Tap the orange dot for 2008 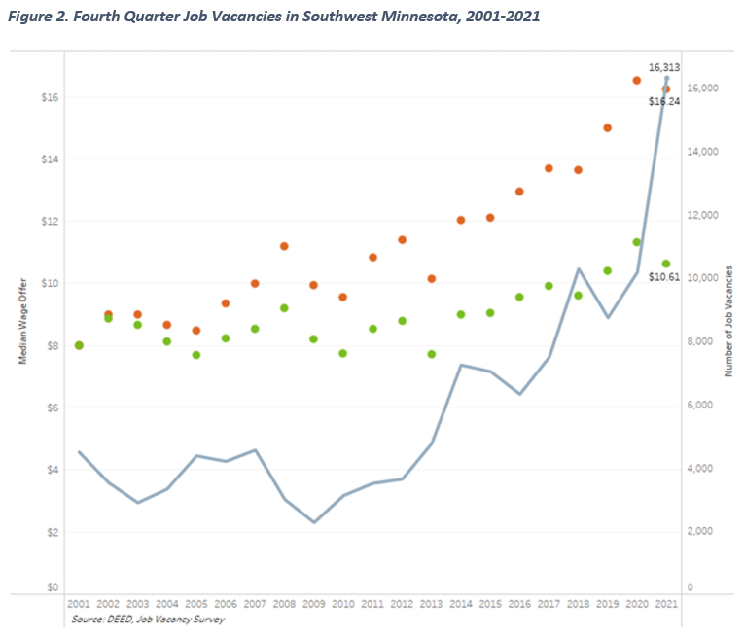pos(284,246)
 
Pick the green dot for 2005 pos(196,355)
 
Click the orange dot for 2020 pos(637,80)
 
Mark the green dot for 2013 pos(432,354)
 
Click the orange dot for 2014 pos(461,220)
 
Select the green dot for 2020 pos(637,242)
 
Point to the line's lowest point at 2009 pos(313,522)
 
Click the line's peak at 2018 pos(579,269)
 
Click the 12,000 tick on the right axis pos(703,215)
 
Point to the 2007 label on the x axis pos(255,604)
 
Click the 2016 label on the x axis pos(519,604)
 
